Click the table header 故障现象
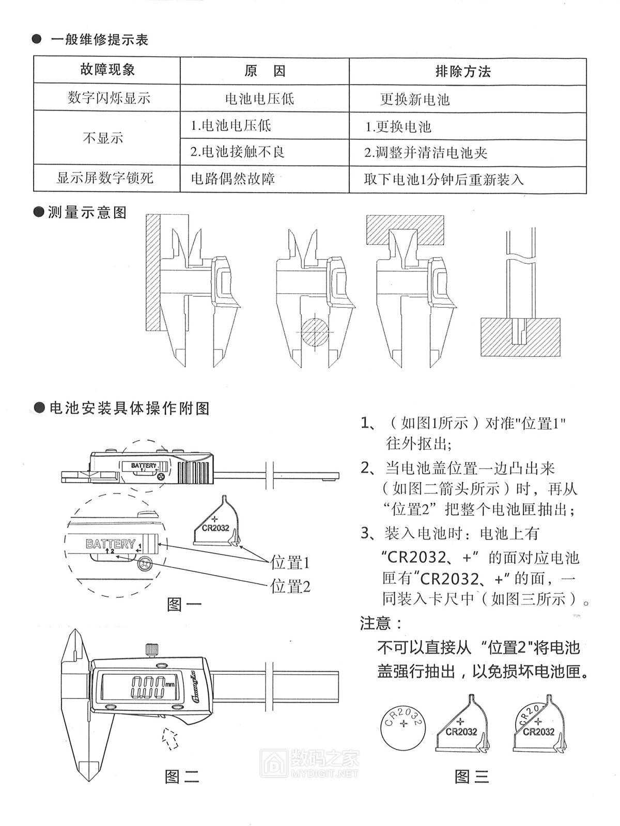[x=107, y=70]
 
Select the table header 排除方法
[x=463, y=71]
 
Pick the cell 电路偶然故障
[x=233, y=179]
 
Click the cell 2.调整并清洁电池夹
[x=426, y=153]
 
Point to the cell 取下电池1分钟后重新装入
[x=444, y=180]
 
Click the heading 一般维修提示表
[x=100, y=40]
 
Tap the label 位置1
[x=290, y=562]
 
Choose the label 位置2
[x=290, y=586]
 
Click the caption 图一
[x=184, y=604]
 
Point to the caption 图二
[x=182, y=775]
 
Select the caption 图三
[x=472, y=775]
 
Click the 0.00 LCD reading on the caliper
[x=148, y=686]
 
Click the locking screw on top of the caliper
[x=151, y=650]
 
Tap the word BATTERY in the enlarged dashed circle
[x=110, y=544]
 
